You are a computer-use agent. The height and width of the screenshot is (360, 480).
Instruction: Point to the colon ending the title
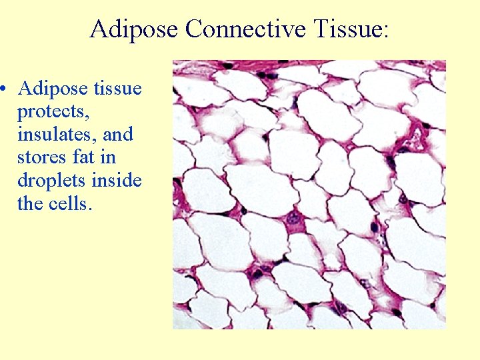point(387,31)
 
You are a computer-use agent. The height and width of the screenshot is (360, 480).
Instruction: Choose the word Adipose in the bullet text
point(51,89)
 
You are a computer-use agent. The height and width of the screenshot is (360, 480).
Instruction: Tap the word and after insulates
point(118,134)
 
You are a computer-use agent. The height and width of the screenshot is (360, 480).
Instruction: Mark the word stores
point(39,157)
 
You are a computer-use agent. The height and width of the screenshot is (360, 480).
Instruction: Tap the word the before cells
point(31,203)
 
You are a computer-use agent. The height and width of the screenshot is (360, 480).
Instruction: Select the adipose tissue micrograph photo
point(309,195)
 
